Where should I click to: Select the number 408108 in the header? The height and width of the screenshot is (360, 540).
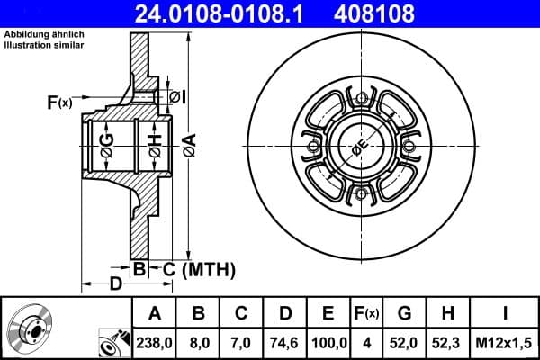tap(377, 13)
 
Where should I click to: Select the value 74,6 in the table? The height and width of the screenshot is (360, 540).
tap(285, 342)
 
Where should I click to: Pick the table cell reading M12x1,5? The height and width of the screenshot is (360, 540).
tap(504, 342)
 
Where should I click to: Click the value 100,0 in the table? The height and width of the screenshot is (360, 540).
tap(328, 342)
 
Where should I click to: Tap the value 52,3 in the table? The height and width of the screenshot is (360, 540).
tap(448, 342)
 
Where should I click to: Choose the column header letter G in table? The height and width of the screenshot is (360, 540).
tap(405, 313)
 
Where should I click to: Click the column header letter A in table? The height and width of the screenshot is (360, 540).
tap(154, 313)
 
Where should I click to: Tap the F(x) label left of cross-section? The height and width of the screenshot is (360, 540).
tap(58, 103)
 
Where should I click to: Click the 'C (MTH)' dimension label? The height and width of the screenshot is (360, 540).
tap(198, 268)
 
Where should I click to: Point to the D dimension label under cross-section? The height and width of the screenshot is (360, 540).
tap(115, 285)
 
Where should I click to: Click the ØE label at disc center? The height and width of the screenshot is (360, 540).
tap(359, 148)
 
